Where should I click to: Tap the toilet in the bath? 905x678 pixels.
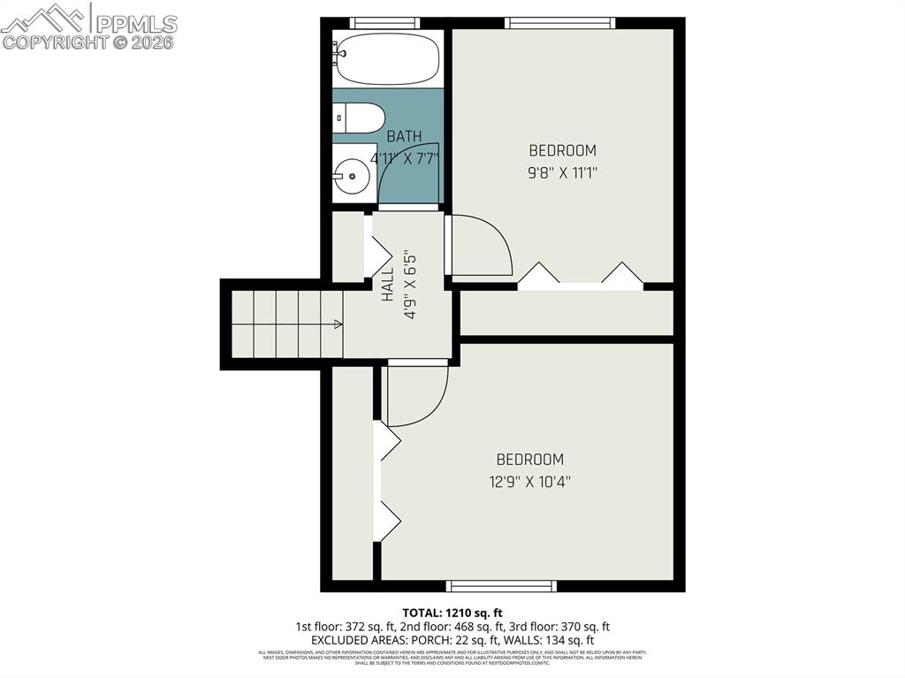pyautogui.click(x=359, y=117)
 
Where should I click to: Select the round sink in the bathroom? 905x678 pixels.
pyautogui.click(x=353, y=176)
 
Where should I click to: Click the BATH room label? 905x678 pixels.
pyautogui.click(x=404, y=136)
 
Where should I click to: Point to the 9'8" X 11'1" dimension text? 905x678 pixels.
pyautogui.click(x=563, y=173)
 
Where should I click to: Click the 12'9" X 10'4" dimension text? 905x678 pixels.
pyautogui.click(x=529, y=482)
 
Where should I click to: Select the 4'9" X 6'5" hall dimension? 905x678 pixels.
pyautogui.click(x=409, y=286)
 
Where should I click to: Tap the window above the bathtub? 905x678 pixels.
pyautogui.click(x=384, y=23)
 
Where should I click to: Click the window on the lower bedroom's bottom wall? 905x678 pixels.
pyautogui.click(x=501, y=585)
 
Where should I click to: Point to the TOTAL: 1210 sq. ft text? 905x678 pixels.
pyautogui.click(x=452, y=613)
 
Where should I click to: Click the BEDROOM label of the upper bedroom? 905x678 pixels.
pyautogui.click(x=562, y=151)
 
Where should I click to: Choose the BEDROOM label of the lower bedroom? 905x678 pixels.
pyautogui.click(x=529, y=460)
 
